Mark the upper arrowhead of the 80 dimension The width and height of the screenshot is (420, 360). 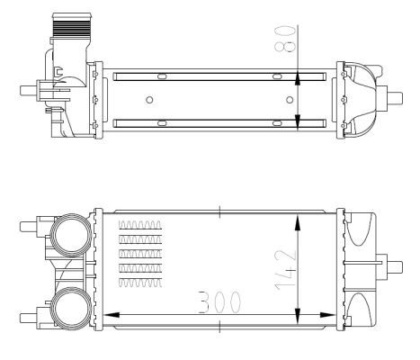click(x=299, y=71)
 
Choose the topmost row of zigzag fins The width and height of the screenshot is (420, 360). click(x=139, y=225)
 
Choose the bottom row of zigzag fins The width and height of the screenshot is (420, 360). click(x=139, y=283)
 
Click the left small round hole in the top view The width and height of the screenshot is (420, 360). click(x=149, y=98)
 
